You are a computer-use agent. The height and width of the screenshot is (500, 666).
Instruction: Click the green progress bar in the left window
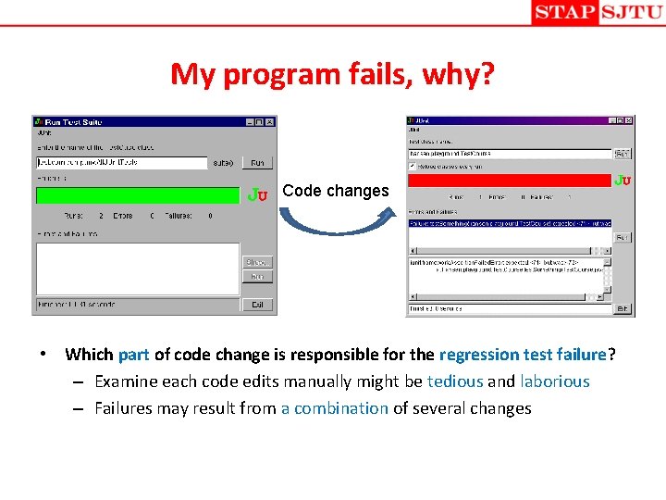[137, 194]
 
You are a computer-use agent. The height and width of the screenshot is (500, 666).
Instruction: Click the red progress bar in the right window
[510, 180]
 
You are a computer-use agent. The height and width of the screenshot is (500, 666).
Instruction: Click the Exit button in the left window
[257, 304]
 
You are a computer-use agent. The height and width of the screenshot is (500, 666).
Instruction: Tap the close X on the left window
[270, 121]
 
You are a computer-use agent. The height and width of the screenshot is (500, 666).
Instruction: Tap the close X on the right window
[629, 119]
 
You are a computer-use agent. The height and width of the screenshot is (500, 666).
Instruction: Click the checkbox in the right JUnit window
[413, 166]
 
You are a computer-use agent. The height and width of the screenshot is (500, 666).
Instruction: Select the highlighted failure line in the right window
[510, 223]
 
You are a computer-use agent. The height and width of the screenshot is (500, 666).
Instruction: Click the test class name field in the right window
[510, 153]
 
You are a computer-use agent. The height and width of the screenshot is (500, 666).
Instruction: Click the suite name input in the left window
[121, 163]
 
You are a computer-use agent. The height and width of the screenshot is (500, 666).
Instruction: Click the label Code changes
[336, 191]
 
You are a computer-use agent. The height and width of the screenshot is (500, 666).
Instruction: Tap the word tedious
[455, 381]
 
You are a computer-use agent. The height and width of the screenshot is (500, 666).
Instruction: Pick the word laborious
[555, 381]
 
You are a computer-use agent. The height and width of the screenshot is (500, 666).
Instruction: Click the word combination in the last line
[340, 408]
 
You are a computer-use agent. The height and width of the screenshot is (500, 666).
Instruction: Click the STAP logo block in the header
[565, 12]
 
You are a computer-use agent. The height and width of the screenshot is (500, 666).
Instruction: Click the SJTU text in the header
[631, 12]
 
